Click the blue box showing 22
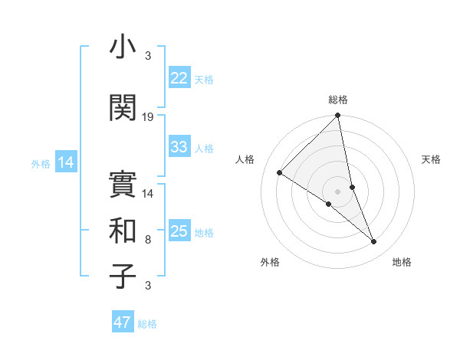(179, 78)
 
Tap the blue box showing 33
(179, 147)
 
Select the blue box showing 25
(179, 231)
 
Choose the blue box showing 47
(123, 322)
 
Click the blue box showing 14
(65, 162)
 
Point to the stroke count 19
(148, 117)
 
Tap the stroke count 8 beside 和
(148, 240)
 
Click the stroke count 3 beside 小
(148, 56)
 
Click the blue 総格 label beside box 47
(147, 324)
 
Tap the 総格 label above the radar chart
(338, 100)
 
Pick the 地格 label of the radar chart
(402, 262)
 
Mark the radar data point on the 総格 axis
(338, 116)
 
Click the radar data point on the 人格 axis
(280, 172)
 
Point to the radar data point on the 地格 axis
(374, 242)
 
